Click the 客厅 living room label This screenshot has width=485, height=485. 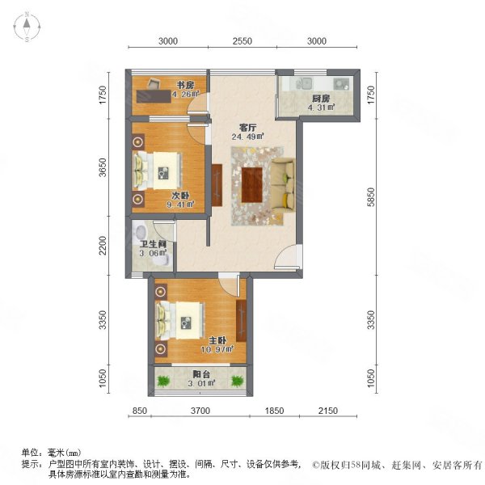(247, 126)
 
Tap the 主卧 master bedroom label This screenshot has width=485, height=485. (216, 340)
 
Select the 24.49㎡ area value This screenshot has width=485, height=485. (247, 136)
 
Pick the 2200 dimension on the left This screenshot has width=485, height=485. (103, 245)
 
